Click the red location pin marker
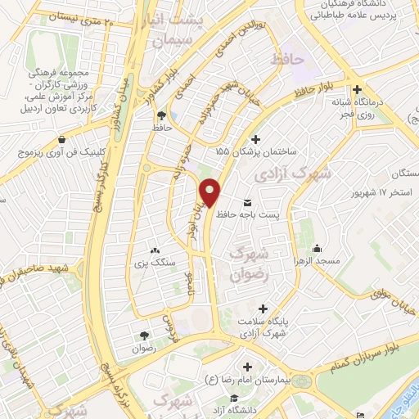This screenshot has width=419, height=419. tap(211, 192)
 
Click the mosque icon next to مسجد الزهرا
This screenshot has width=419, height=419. tap(318, 249)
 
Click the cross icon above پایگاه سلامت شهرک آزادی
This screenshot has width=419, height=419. tap(262, 309)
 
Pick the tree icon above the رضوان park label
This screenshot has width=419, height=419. tap(145, 335)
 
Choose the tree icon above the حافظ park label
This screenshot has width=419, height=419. tap(161, 115)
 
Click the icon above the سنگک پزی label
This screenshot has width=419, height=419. tap(154, 249)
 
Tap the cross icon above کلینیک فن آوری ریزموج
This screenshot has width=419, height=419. tap(56, 139)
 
